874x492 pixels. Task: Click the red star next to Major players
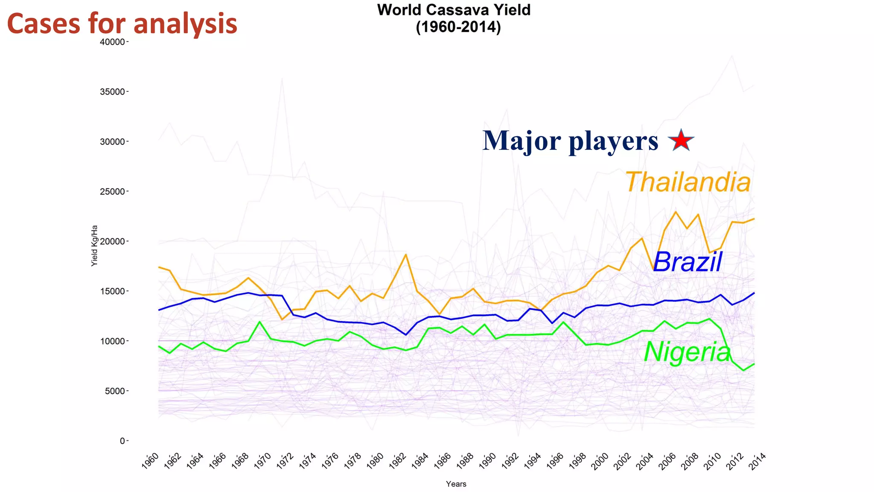pos(681,140)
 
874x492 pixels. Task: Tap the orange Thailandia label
pos(688,182)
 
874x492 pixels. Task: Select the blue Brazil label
pos(687,262)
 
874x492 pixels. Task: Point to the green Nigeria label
pos(687,353)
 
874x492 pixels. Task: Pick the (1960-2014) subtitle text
pos(458,27)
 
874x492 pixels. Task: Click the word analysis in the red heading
pos(185,24)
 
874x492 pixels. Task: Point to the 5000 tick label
pos(115,391)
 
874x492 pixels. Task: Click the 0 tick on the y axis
pos(122,441)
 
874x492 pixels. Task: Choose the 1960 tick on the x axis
pos(151,462)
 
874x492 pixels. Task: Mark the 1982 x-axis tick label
pos(398,462)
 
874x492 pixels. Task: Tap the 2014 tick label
pos(757,462)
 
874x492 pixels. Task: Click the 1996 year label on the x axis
pos(555,462)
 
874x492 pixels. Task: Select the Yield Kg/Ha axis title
pos(94,246)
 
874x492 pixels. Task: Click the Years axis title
pos(456,484)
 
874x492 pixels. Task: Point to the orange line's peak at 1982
pos(406,255)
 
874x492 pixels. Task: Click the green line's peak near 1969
pos(259,322)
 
